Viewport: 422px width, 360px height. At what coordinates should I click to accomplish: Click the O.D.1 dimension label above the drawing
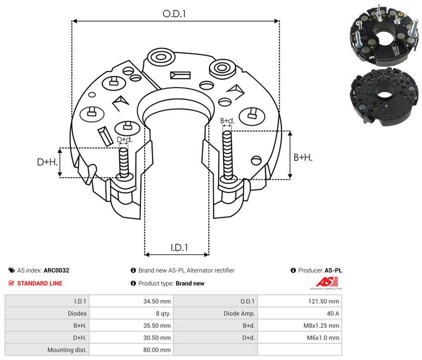point(174,14)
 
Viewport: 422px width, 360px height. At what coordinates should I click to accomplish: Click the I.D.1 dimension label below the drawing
point(179,248)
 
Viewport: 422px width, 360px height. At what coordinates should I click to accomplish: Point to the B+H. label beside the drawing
point(303,157)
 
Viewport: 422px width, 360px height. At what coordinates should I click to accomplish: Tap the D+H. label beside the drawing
point(47,162)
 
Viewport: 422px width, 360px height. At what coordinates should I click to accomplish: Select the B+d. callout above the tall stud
point(227,121)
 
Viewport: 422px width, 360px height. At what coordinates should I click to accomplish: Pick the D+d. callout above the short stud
point(124,140)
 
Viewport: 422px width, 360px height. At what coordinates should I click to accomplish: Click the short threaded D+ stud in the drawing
point(124,163)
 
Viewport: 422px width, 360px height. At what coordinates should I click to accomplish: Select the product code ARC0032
point(56,270)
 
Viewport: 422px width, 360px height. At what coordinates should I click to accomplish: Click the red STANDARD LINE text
point(40,284)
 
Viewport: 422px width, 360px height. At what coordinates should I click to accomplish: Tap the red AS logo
point(327,283)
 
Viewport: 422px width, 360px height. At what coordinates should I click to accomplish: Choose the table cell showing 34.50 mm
point(131,301)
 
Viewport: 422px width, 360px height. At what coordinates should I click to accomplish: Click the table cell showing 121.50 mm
point(300,301)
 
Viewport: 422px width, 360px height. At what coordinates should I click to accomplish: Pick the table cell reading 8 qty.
point(131,313)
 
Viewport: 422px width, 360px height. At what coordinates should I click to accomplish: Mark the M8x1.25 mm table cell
point(300,325)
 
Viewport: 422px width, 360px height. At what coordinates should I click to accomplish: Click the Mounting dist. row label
point(67,350)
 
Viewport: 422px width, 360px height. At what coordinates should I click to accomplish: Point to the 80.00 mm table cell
point(131,349)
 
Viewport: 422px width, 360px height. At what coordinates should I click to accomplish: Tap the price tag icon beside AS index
point(12,270)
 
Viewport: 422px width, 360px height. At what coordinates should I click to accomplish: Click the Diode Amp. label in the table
point(239,314)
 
